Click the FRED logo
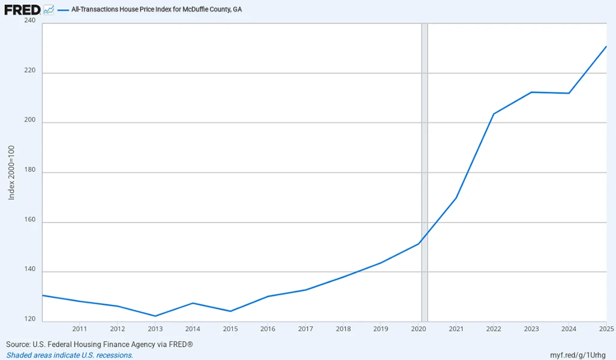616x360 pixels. click(x=22, y=10)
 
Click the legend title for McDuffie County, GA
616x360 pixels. click(x=157, y=10)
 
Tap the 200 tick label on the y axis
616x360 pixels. click(x=30, y=122)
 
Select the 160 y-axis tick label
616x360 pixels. click(x=30, y=222)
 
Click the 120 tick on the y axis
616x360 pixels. click(x=30, y=320)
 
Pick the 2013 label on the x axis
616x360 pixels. click(x=155, y=329)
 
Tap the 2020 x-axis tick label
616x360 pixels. click(x=419, y=329)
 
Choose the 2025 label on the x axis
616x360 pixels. click(x=605, y=329)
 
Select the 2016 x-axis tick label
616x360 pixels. click(x=268, y=329)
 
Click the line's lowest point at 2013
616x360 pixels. click(x=155, y=316)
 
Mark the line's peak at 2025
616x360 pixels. click(x=606, y=46)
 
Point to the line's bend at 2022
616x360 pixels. click(x=494, y=114)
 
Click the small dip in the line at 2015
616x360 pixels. click(x=230, y=311)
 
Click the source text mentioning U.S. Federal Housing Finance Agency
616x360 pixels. click(x=100, y=344)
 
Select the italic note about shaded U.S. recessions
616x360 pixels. click(x=70, y=355)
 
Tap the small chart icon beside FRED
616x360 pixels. click(x=49, y=10)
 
